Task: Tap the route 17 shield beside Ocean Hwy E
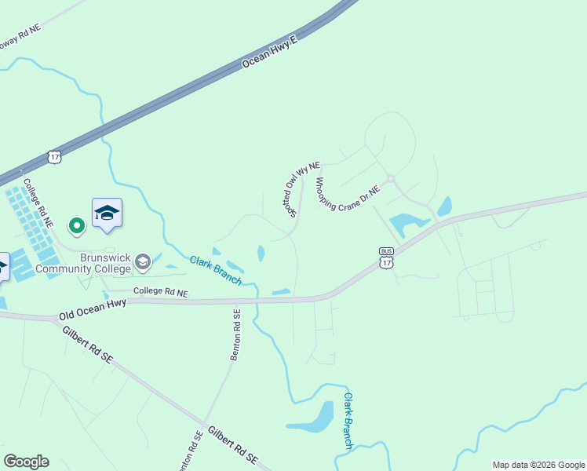(x=53, y=156)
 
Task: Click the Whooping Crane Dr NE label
(x=347, y=195)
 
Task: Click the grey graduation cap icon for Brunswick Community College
(x=143, y=262)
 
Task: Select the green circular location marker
(x=76, y=226)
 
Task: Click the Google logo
(x=26, y=462)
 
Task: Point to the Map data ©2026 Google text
(x=538, y=465)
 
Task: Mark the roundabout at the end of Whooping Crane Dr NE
(x=390, y=179)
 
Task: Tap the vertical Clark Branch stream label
(x=348, y=421)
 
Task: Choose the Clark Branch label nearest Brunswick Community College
(x=216, y=270)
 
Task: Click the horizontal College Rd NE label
(x=161, y=292)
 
